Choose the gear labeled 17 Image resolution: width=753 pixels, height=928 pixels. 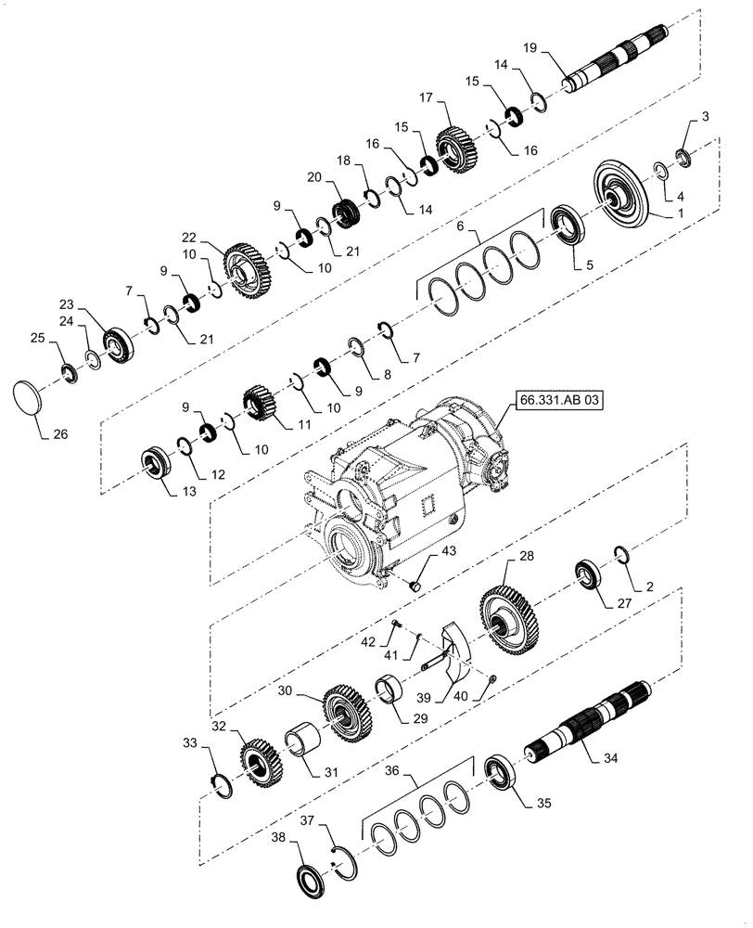point(455,150)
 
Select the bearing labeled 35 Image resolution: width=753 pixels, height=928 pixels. point(502,772)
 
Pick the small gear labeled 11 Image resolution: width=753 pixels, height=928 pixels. point(262,406)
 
